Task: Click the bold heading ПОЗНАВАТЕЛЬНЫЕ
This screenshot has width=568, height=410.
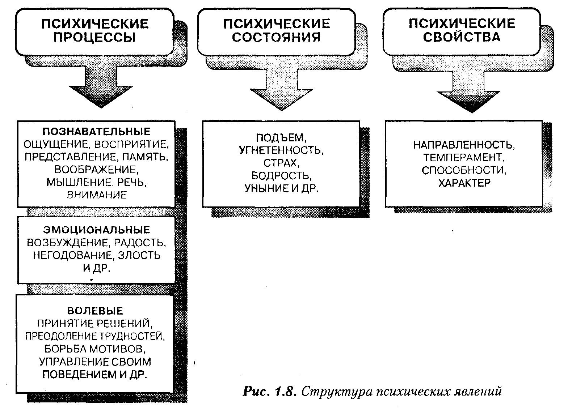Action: tap(96, 131)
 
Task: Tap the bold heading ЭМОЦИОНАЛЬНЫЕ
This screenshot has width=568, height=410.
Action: tap(96, 230)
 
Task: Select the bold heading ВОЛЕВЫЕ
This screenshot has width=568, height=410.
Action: tap(95, 311)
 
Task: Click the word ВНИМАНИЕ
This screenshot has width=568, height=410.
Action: tap(97, 195)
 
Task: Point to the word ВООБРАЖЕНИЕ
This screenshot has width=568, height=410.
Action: tap(96, 170)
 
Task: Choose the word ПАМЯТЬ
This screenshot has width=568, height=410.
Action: tap(145, 157)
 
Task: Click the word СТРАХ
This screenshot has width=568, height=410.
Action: tap(281, 163)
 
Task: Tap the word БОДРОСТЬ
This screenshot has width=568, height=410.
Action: tap(281, 176)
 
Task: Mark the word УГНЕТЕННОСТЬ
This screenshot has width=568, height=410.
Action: tap(281, 150)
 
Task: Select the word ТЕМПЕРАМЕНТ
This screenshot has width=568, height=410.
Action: tap(464, 158)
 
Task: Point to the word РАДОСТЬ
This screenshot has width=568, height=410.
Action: tap(143, 243)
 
